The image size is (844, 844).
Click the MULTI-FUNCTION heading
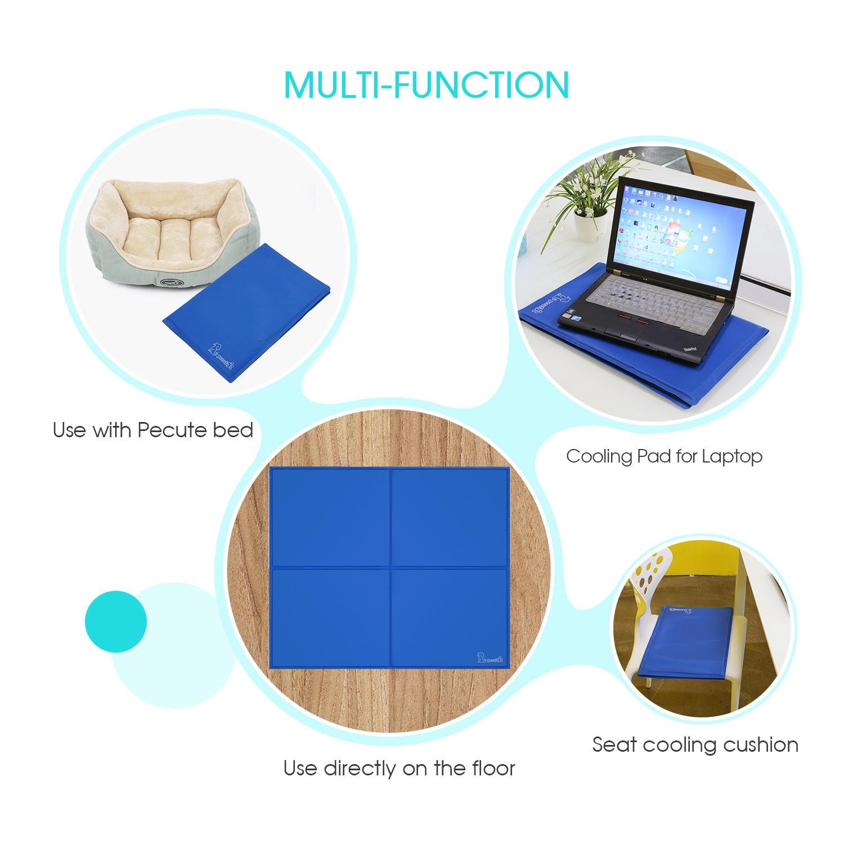pyautogui.click(x=426, y=85)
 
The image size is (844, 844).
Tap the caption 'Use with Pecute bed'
pyautogui.click(x=153, y=430)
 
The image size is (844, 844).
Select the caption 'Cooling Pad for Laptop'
pyautogui.click(x=664, y=456)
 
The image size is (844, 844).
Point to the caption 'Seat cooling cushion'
pyautogui.click(x=695, y=744)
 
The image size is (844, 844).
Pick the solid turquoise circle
pyautogui.click(x=116, y=621)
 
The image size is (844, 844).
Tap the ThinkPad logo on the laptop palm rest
pyautogui.click(x=691, y=350)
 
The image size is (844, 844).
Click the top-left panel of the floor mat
pyautogui.click(x=330, y=517)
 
